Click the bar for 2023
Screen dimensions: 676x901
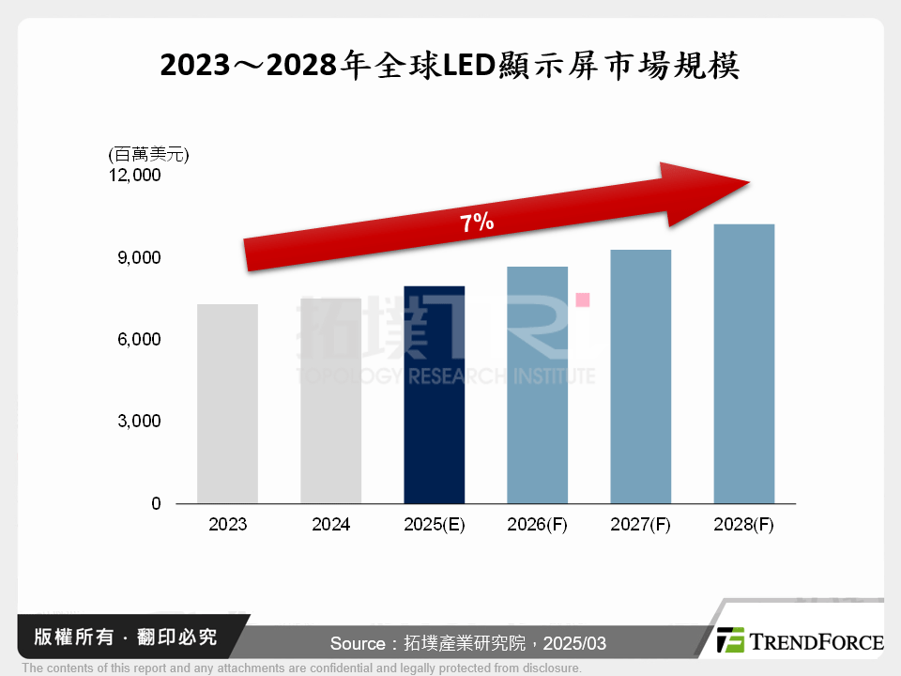coord(227,404)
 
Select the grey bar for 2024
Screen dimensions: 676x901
coord(330,401)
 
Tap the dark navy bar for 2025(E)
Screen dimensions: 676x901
coord(434,394)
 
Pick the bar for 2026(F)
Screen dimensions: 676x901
coord(537,385)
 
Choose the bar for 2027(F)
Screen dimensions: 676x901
coord(640,376)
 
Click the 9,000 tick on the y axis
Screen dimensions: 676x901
coord(140,257)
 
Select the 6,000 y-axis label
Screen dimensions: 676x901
coord(140,339)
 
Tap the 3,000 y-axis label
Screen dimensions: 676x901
coord(140,422)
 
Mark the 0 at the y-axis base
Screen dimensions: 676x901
coord(156,503)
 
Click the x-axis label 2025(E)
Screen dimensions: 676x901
coord(434,525)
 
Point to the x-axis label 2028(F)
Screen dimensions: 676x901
coord(743,525)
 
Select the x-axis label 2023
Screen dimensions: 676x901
coord(227,525)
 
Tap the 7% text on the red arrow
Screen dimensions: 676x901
coord(477,223)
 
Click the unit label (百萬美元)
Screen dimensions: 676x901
coord(148,155)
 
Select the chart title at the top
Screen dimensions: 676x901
coord(450,66)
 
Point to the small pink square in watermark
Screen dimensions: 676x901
coord(582,300)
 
